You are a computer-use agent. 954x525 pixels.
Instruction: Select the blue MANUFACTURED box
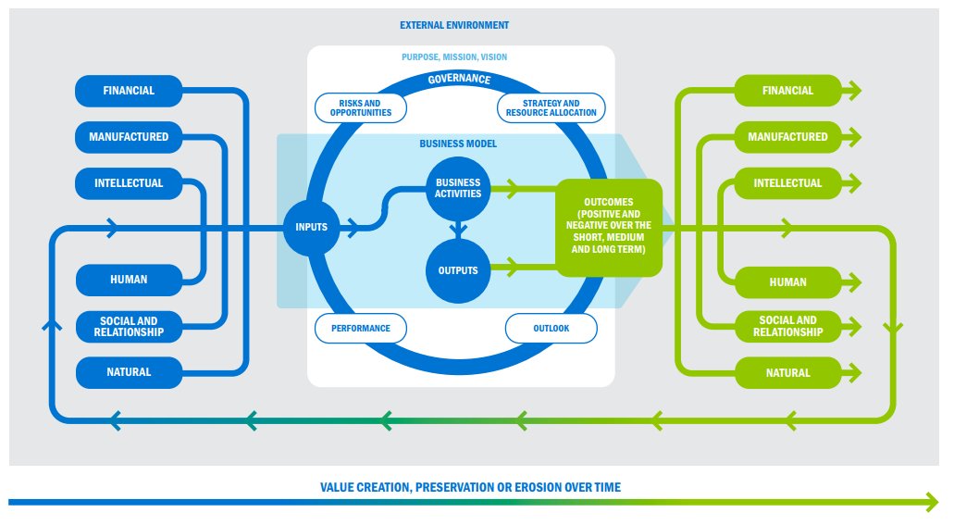click(x=129, y=137)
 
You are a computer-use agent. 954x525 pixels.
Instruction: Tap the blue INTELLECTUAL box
click(x=129, y=183)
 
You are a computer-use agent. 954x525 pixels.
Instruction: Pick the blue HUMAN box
click(x=129, y=280)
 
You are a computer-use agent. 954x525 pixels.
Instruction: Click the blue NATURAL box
click(x=129, y=372)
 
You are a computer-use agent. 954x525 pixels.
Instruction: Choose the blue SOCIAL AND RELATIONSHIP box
click(x=129, y=326)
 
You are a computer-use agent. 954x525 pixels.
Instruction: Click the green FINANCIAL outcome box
click(x=787, y=91)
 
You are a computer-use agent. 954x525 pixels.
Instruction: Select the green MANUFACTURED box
click(x=787, y=137)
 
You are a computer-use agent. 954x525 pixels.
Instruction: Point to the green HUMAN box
click(x=787, y=282)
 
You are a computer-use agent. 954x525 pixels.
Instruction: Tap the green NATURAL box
click(x=787, y=373)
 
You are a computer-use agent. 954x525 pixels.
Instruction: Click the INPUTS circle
click(x=311, y=227)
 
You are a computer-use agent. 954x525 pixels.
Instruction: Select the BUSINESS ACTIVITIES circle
click(x=458, y=188)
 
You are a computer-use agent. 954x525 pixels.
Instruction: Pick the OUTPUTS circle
click(x=457, y=270)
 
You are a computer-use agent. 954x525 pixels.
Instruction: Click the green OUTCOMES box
click(x=609, y=227)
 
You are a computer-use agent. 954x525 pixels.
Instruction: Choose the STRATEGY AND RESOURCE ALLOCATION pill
click(x=551, y=108)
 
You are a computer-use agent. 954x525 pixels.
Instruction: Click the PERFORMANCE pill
click(x=361, y=328)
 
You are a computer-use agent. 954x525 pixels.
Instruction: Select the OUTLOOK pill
click(x=551, y=328)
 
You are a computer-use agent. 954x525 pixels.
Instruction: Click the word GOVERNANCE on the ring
click(x=459, y=80)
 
